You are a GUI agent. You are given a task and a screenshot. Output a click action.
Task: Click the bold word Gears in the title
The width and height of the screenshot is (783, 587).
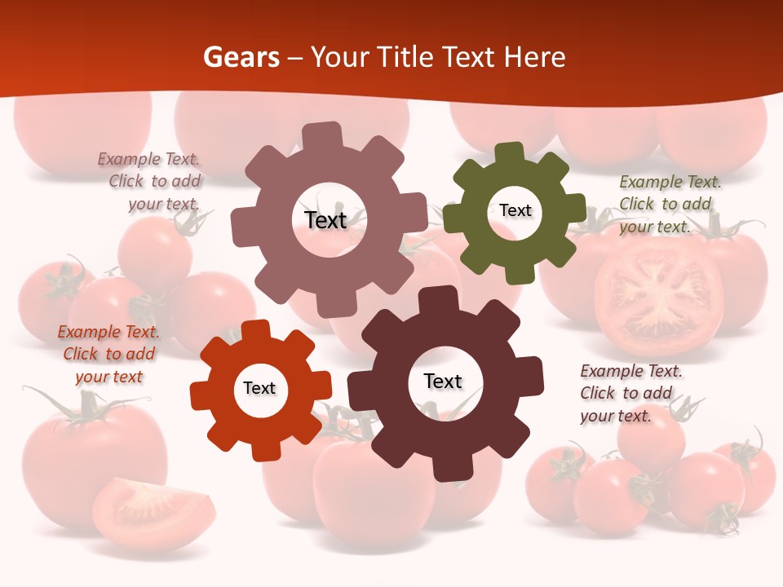click(x=241, y=57)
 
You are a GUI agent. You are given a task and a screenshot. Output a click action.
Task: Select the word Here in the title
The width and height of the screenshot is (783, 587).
click(x=534, y=57)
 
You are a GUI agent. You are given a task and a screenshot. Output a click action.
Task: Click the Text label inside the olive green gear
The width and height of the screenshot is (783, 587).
click(x=515, y=210)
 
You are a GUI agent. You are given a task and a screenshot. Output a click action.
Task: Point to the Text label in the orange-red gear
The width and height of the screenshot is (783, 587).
click(x=259, y=388)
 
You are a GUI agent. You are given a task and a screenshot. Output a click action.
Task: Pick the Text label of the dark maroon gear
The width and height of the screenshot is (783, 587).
click(x=443, y=381)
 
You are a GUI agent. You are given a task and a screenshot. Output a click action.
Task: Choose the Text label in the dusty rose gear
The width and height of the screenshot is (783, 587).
click(x=325, y=220)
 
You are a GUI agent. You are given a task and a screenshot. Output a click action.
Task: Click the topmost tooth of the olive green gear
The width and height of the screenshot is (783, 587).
click(x=509, y=152)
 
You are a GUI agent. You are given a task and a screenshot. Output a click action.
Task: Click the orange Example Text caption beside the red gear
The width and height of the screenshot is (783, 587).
click(x=108, y=354)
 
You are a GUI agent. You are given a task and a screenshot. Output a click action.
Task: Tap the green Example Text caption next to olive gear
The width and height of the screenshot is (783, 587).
click(x=670, y=204)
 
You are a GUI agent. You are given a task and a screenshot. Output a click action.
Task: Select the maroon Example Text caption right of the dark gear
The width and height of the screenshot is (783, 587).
click(x=630, y=393)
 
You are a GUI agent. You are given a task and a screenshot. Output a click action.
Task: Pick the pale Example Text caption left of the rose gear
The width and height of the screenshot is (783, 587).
click(x=151, y=181)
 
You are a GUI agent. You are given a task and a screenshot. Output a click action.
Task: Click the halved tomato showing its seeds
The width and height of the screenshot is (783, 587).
click(x=658, y=299)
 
